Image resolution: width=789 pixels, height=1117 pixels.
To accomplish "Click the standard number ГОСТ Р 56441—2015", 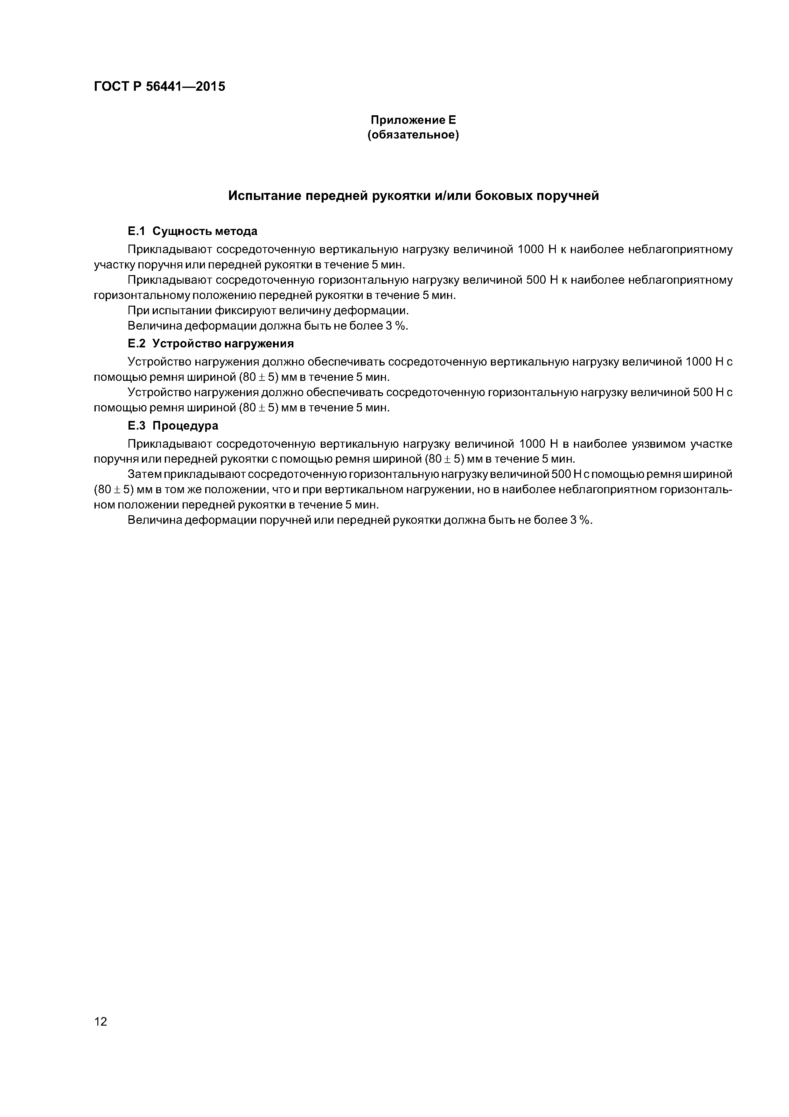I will point(159,87).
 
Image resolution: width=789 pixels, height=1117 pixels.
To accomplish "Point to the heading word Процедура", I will point(185,426).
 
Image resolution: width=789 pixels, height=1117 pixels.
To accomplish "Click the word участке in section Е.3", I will point(713,444).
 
